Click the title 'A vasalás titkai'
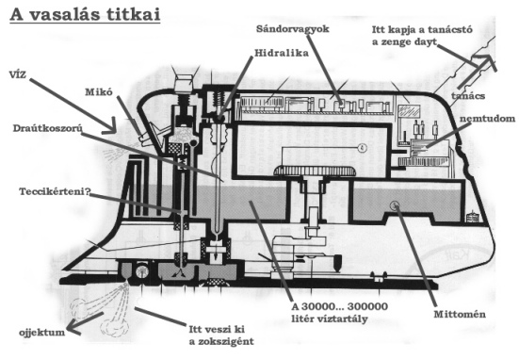[x=85, y=14]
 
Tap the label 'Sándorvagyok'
[x=293, y=29]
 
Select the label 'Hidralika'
[x=282, y=53]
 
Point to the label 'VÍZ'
[x=18, y=74]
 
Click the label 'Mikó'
[x=99, y=91]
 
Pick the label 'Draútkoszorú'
[x=48, y=128]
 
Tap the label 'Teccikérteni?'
[x=55, y=191]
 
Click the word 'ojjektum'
[x=42, y=332]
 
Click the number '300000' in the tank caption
[x=367, y=306]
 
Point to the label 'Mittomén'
[x=460, y=314]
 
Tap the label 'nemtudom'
[x=487, y=118]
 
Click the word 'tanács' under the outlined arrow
[x=468, y=96]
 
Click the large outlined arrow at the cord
[x=478, y=72]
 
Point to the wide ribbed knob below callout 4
[x=315, y=172]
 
